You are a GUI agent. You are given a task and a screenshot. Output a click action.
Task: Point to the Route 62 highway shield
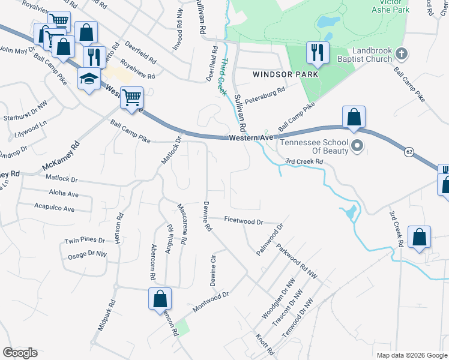coord(409,152)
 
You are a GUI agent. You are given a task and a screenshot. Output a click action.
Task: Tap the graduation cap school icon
coord(89,79)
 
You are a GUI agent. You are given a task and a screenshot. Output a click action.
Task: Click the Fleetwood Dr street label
coord(244,221)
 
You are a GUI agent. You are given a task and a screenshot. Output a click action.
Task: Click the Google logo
coord(20,353)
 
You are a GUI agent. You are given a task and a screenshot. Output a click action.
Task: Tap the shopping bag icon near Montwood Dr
coord(160,298)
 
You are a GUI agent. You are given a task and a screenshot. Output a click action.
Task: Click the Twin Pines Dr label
coord(85,240)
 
